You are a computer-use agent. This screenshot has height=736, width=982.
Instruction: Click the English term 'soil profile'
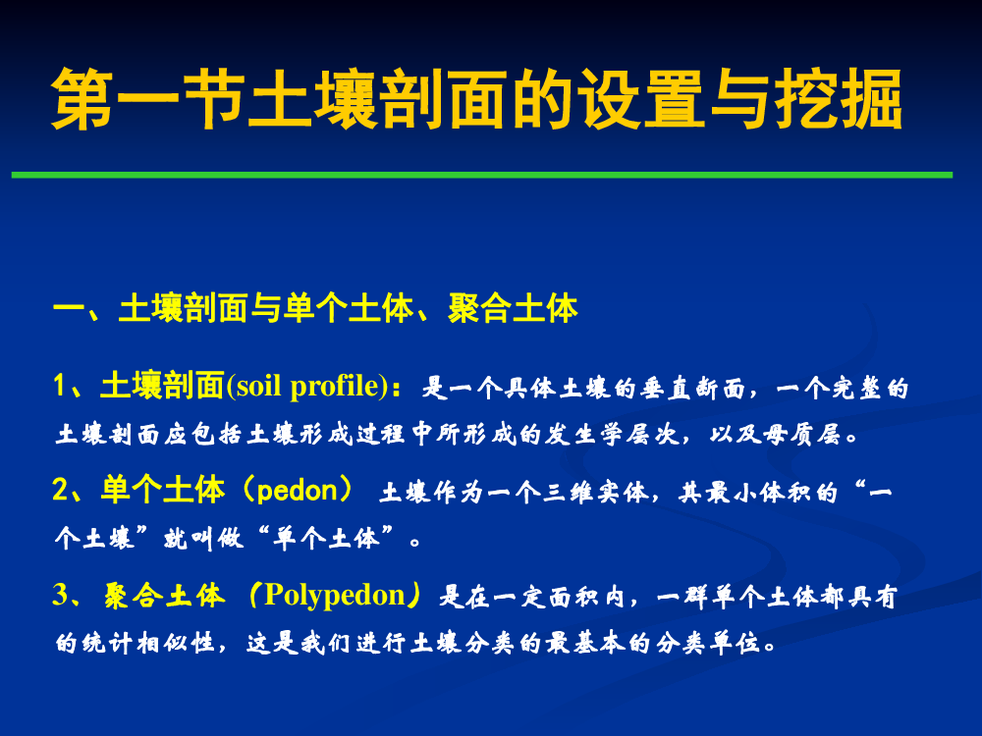tap(308, 386)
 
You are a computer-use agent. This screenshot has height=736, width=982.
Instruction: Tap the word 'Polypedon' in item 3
tap(335, 596)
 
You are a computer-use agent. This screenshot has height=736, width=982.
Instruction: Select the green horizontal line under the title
tap(482, 175)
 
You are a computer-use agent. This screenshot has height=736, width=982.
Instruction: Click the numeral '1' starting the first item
tap(60, 386)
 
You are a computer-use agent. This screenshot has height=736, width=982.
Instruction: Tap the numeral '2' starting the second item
tap(60, 490)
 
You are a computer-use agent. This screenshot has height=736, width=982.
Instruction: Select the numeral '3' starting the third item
tap(60, 595)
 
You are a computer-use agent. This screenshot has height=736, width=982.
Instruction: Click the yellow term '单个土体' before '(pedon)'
tap(163, 490)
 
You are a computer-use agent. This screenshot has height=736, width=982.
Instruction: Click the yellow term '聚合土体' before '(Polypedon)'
tap(164, 595)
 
